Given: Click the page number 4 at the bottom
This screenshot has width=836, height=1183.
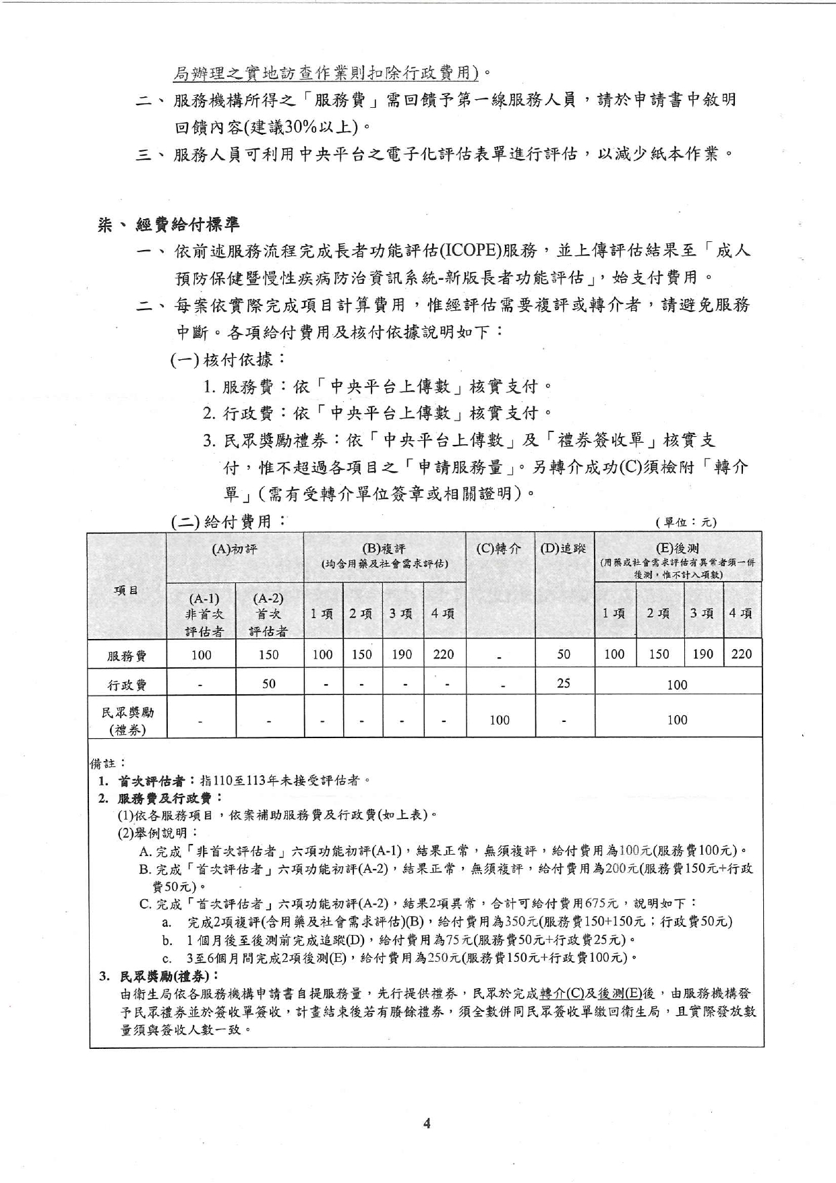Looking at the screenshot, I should (x=426, y=1122).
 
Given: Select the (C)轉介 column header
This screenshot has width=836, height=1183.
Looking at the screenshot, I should (x=499, y=549).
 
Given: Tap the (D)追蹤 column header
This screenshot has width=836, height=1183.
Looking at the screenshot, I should (x=564, y=549).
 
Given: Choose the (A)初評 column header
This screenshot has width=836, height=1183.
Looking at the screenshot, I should (x=235, y=549).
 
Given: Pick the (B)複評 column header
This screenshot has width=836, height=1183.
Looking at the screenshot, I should (x=384, y=555).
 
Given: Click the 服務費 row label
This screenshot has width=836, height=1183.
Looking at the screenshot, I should (x=127, y=655).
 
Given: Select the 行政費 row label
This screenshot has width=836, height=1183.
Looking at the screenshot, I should (x=127, y=685).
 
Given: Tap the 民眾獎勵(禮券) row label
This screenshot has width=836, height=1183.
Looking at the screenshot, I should (x=127, y=720).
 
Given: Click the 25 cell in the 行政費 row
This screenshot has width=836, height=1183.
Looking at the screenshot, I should (x=564, y=684).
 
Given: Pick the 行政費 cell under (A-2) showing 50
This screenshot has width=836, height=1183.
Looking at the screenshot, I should (x=269, y=684).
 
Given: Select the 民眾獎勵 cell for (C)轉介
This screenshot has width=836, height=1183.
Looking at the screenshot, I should (x=500, y=720).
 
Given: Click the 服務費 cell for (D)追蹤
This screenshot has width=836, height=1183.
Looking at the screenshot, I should (x=564, y=654).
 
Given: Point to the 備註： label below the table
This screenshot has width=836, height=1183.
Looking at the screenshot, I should (x=108, y=763).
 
